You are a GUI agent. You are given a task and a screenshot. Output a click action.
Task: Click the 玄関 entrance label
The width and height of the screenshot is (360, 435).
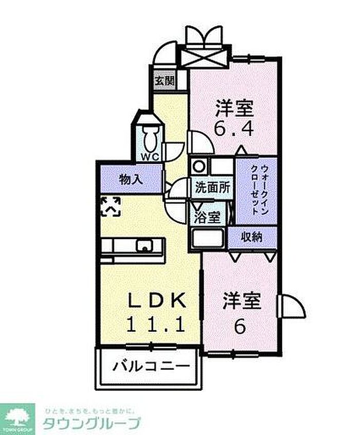coord(165,81)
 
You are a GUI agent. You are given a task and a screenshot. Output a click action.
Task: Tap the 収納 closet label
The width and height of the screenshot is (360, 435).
coord(253,237)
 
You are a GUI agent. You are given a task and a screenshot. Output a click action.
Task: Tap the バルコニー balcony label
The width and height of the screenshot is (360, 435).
coord(148,368)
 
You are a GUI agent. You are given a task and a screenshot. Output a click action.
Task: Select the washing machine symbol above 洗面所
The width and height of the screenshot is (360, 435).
coord(198,167)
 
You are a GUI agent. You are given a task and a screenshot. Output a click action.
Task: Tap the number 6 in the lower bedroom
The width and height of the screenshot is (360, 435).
coord(240,327)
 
